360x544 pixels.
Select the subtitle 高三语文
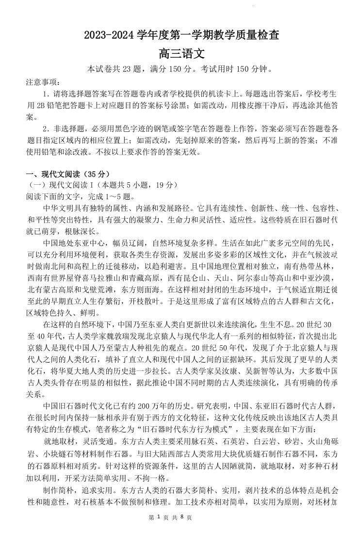pos(180,52)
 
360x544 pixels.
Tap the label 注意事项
pos(41,81)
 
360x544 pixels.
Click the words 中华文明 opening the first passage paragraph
pos(60,208)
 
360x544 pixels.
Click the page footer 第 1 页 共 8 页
pos(180,531)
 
